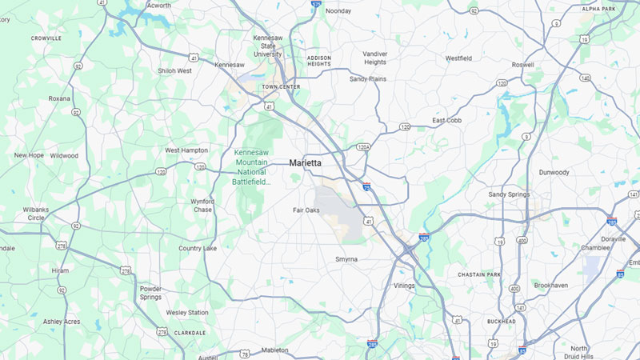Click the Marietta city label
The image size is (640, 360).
click(306, 163)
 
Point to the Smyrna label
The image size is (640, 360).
click(346, 259)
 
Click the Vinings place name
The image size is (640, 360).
click(405, 285)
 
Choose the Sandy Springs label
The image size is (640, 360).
click(509, 194)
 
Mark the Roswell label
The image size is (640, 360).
click(522, 65)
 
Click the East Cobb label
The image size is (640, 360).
click(447, 120)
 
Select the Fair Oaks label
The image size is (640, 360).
click(306, 210)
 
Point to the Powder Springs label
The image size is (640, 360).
click(150, 293)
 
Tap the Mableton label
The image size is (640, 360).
click(274, 350)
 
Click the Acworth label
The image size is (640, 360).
click(158, 5)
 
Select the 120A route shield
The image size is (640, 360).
click(363, 147)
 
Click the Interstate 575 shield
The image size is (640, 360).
click(317, 4)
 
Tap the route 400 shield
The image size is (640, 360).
click(522, 240)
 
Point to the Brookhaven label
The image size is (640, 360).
click(550, 285)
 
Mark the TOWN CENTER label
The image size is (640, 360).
click(280, 86)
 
